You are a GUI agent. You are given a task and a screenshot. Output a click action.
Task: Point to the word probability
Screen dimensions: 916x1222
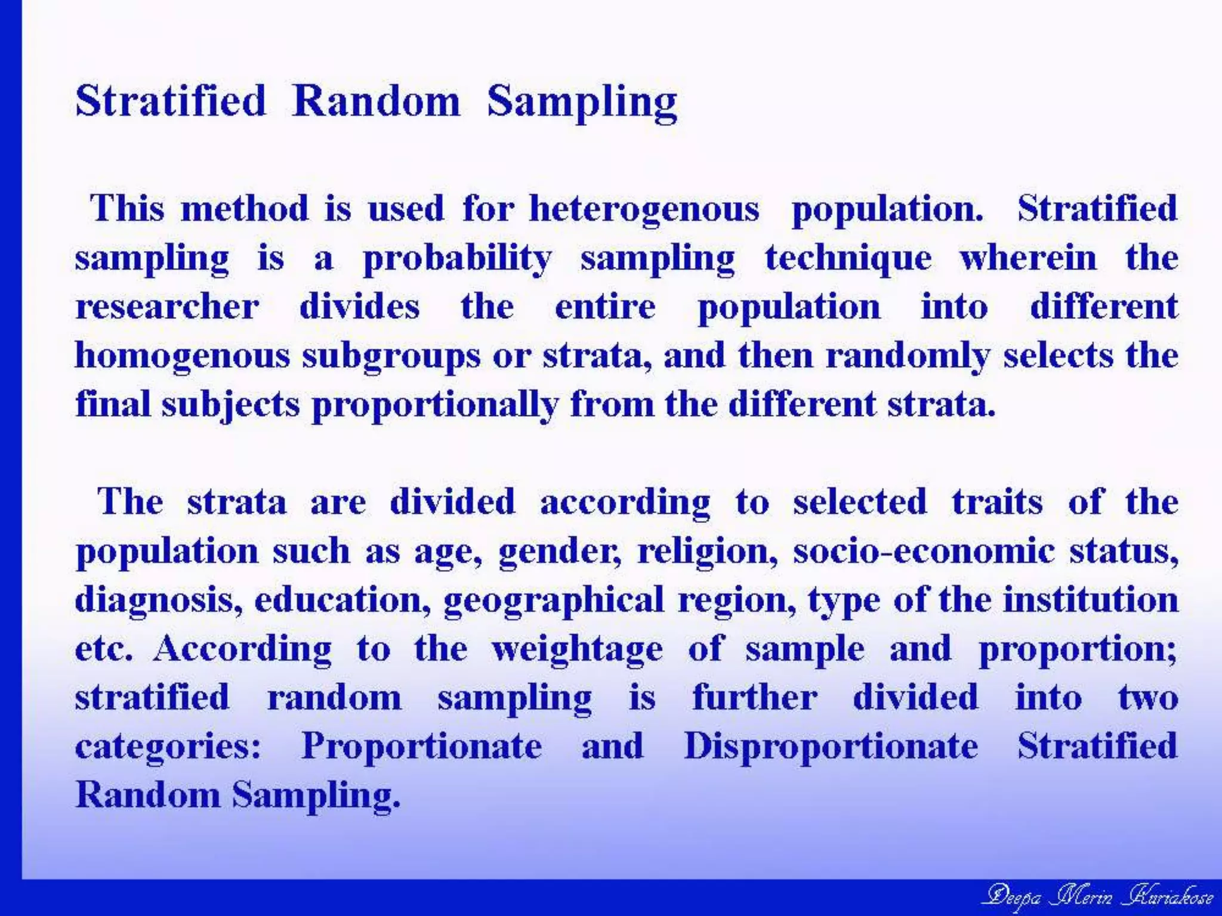point(457,259)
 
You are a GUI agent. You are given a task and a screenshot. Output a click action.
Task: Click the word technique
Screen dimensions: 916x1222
point(848,259)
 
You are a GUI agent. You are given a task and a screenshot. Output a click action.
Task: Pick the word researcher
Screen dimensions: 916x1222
point(167,307)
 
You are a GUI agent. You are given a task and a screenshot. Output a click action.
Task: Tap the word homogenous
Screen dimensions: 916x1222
point(182,356)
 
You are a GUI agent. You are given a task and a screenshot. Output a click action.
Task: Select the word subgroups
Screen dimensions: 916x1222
point(391,356)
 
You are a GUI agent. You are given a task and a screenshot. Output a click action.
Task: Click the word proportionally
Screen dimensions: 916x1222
point(435,405)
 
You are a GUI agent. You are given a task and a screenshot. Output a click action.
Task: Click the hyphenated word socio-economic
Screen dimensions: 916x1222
point(923,550)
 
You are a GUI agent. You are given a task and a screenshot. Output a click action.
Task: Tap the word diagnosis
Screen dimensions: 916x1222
point(158,600)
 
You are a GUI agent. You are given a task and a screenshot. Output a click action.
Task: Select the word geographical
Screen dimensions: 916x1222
point(554,600)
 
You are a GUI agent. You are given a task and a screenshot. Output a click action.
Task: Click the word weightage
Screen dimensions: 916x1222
point(576,649)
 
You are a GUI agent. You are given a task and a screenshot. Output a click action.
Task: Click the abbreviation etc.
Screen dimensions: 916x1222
point(103,649)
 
